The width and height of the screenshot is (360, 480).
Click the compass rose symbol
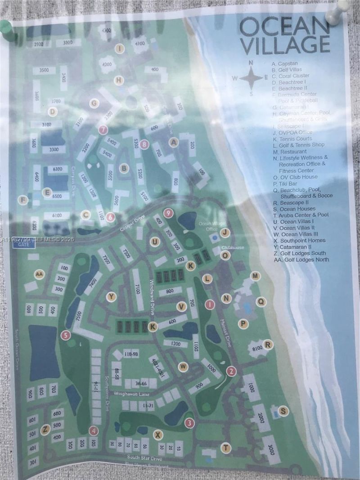pyautogui.click(x=251, y=78)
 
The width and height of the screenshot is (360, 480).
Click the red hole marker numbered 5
pyautogui.click(x=66, y=335)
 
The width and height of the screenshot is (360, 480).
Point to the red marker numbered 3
pyautogui.click(x=189, y=423)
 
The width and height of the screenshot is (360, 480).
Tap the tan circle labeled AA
pyautogui.click(x=39, y=274)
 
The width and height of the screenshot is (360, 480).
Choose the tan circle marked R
pyautogui.click(x=269, y=345)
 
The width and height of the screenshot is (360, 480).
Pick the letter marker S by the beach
pyautogui.click(x=283, y=410)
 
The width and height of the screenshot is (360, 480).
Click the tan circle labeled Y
pyautogui.click(x=112, y=296)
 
